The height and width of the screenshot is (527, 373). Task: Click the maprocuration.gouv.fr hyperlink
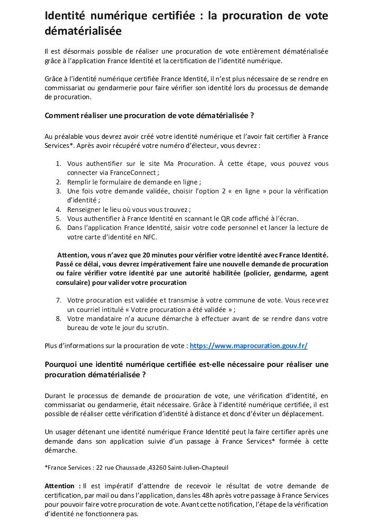coord(249,346)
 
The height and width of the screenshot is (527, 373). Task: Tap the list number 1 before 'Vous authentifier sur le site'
coord(58,164)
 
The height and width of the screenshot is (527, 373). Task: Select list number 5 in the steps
coord(58,218)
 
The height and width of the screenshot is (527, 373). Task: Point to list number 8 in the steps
coord(58,319)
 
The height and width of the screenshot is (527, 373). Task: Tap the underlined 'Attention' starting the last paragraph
coord(60,486)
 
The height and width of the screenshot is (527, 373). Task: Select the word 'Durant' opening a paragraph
coord(56,396)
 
